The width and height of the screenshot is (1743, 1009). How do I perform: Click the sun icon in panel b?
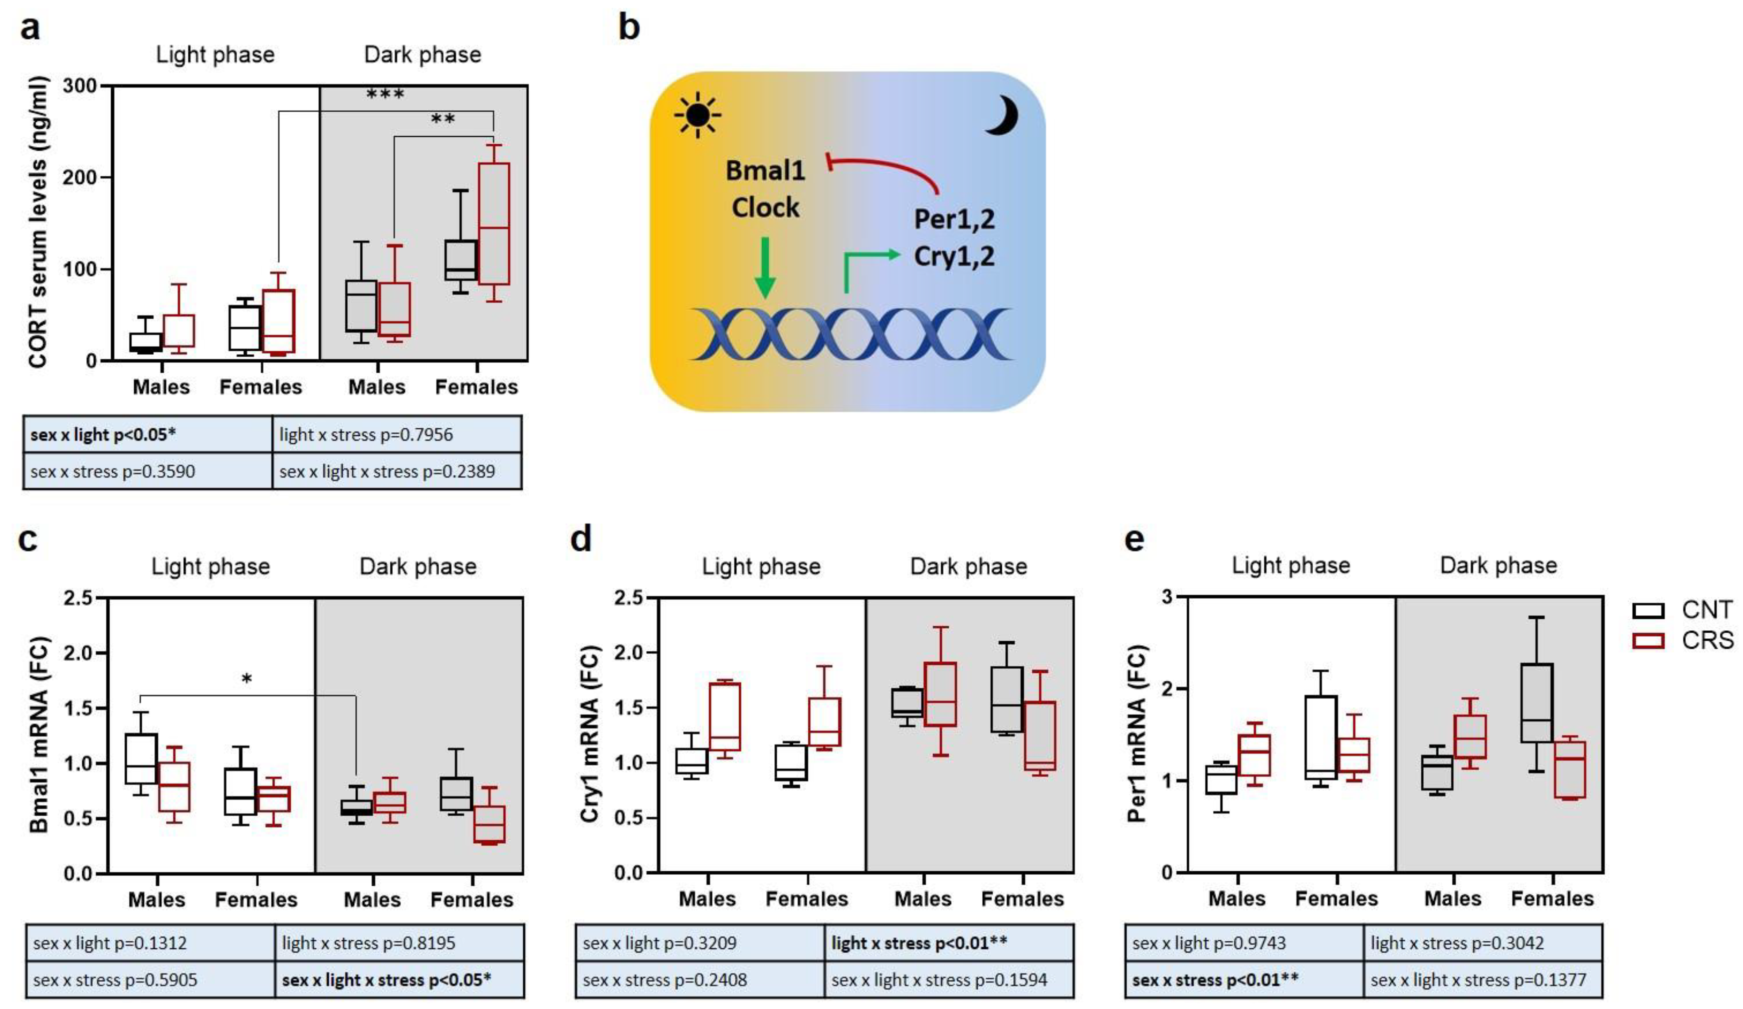coord(697,115)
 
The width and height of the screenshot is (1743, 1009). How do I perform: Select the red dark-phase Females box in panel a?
coord(494,223)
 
